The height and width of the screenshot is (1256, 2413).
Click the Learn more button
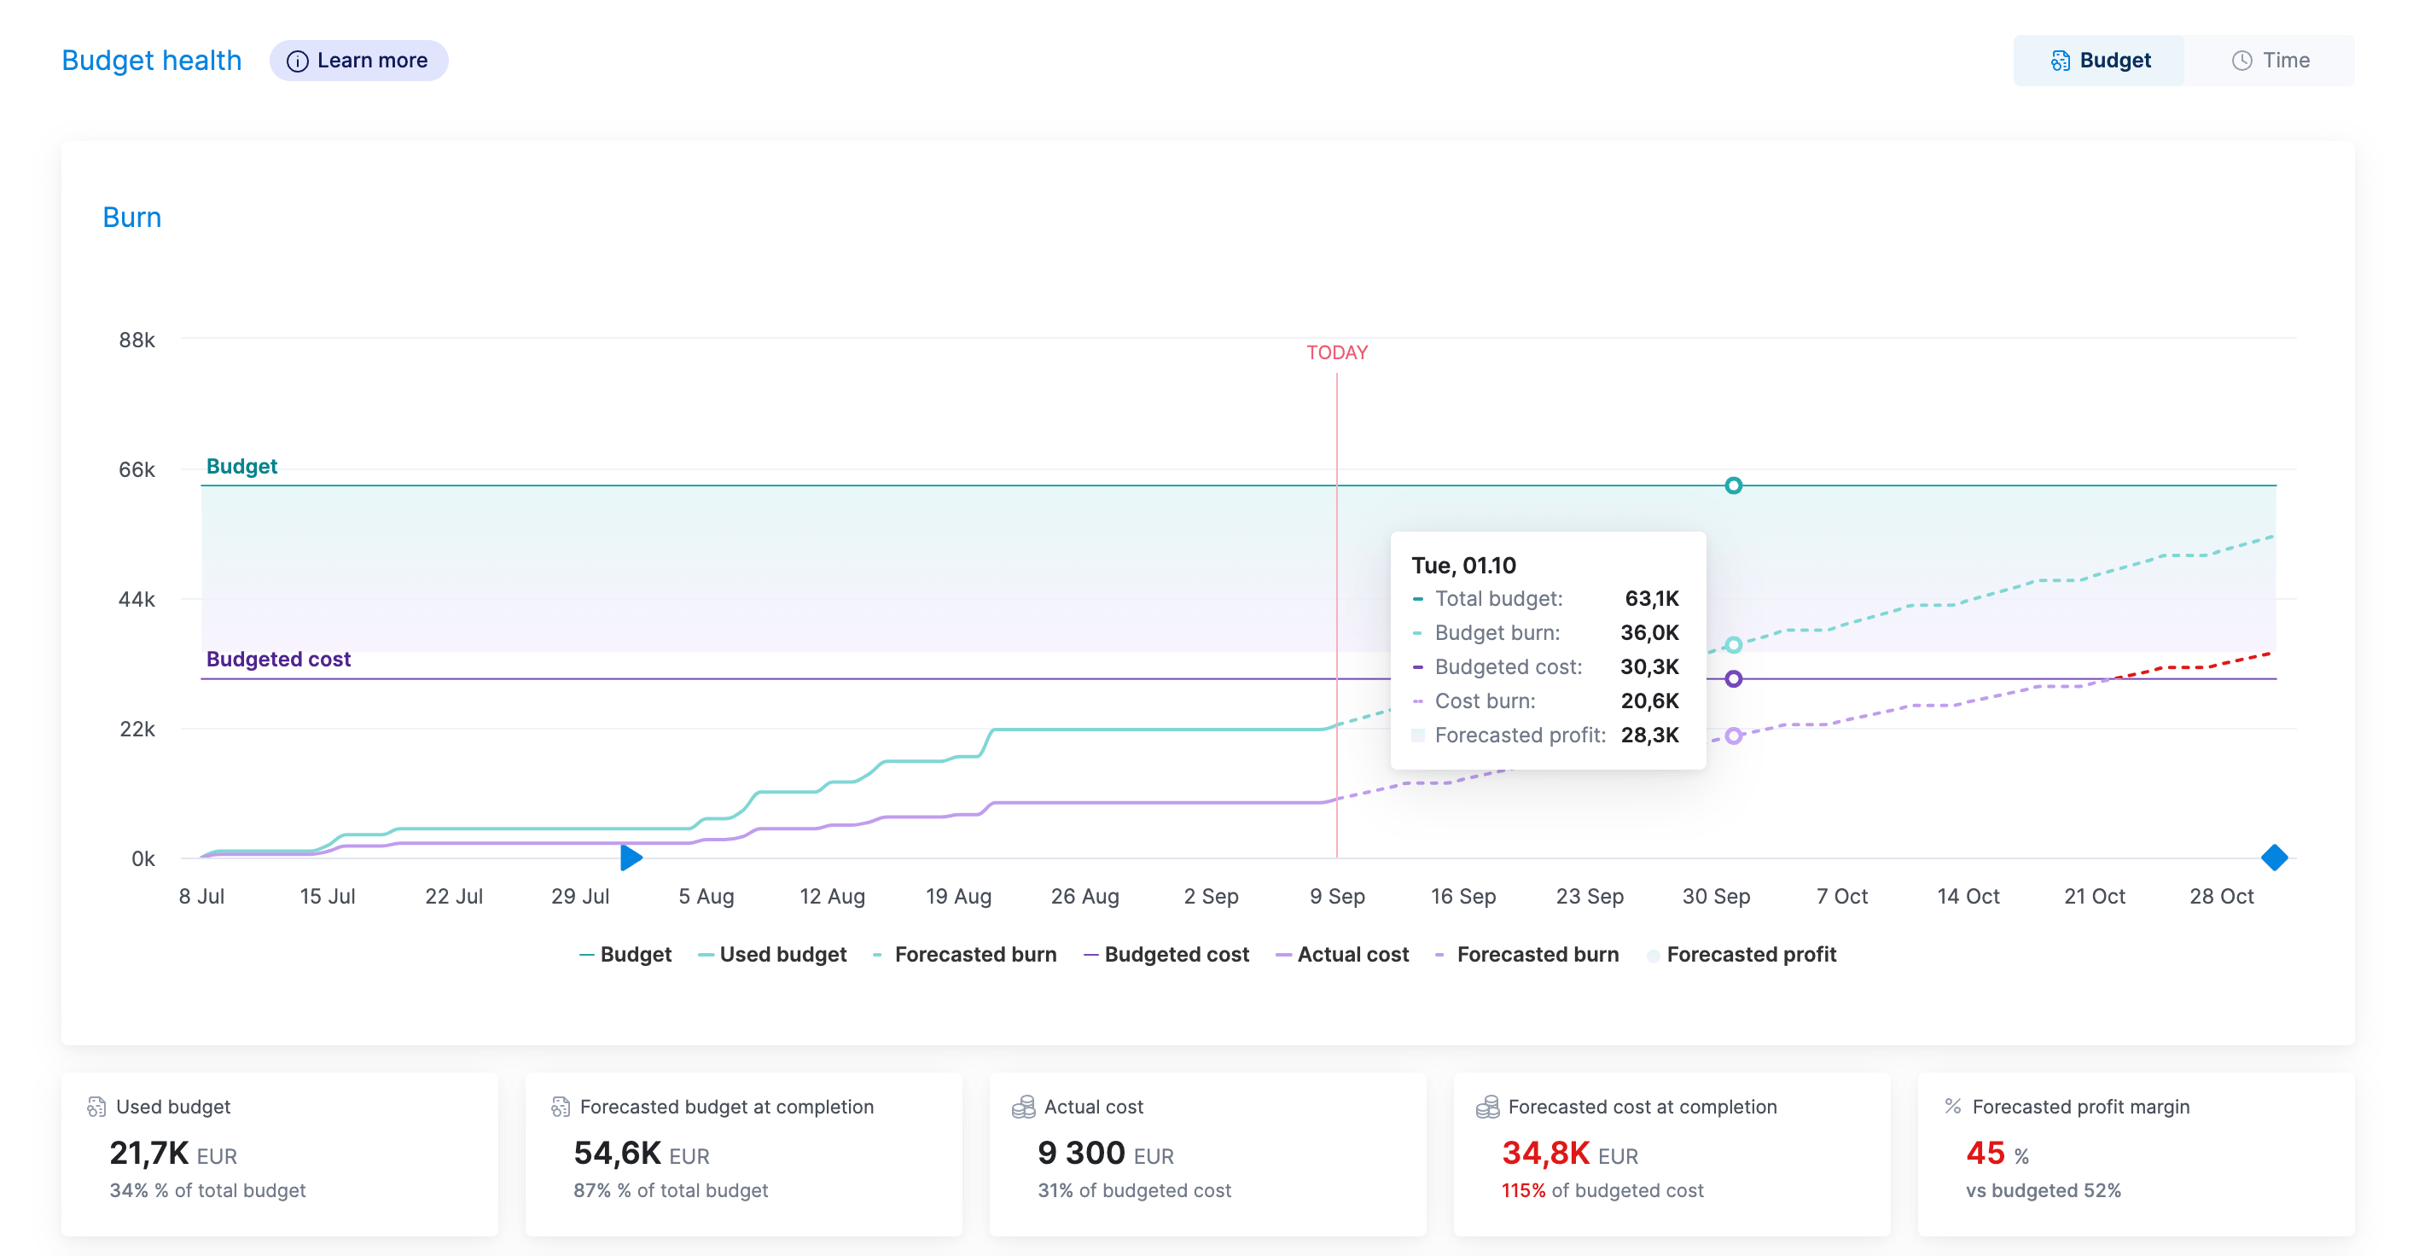pos(358,61)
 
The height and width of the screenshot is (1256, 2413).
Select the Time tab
pos(2270,61)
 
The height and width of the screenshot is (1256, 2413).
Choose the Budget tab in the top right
pos(2100,61)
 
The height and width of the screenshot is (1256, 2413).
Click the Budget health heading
pos(152,61)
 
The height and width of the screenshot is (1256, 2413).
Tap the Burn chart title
pos(132,218)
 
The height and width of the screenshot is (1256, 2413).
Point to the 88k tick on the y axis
pos(137,340)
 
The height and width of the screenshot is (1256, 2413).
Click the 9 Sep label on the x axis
pos(1337,896)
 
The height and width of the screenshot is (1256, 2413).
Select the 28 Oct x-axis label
pos(2221,896)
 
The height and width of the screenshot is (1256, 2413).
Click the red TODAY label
pos(1337,353)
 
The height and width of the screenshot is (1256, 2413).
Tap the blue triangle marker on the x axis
pos(631,857)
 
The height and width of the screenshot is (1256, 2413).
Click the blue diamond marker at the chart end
pos(2275,857)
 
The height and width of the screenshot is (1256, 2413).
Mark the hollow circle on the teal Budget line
pos(1733,486)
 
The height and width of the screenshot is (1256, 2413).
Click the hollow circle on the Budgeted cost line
pos(1733,679)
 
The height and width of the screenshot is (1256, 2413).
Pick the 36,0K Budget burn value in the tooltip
pos(1649,633)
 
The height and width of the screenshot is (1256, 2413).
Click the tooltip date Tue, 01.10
pos(1463,566)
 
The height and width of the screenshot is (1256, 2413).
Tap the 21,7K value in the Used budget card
pos(149,1153)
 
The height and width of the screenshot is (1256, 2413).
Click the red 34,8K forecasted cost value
pos(1545,1153)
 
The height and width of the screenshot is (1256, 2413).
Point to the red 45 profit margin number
pos(1985,1153)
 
